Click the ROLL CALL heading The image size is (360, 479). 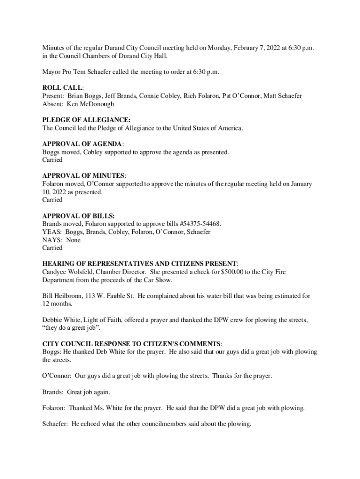63,87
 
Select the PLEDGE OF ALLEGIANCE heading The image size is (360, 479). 86,120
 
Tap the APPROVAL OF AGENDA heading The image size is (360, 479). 83,144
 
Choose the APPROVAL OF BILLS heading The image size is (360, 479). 78,216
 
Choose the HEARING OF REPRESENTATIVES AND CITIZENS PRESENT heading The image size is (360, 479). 140,264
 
